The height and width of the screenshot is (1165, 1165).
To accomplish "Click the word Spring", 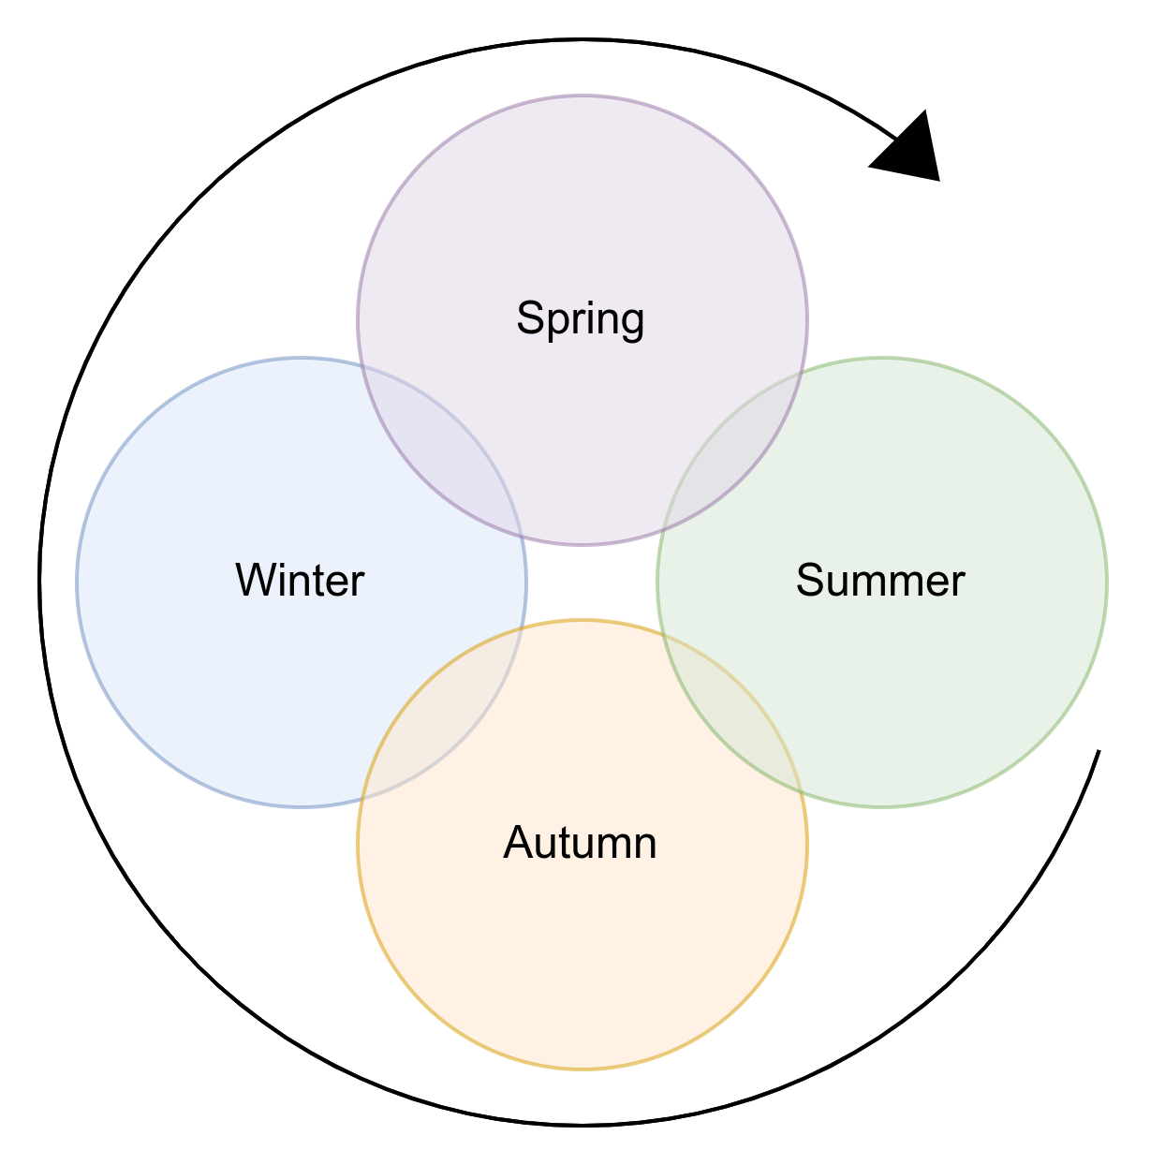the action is click(x=581, y=319).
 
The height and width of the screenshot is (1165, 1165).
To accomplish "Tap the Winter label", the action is click(x=300, y=581).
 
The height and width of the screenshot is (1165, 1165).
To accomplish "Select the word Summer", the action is click(x=880, y=581).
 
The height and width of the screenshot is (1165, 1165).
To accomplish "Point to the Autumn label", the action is click(x=581, y=844).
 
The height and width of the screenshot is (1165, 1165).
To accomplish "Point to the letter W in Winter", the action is click(x=255, y=581).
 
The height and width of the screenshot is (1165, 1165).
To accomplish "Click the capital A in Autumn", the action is click(x=519, y=843).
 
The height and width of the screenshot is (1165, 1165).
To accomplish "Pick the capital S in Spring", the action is click(x=530, y=318).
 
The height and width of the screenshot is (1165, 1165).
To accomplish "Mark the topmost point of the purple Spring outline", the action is click(x=582, y=96).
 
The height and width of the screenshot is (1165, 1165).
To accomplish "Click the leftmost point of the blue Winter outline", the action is click(x=77, y=582).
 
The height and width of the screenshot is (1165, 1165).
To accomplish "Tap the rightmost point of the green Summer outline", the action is click(x=1107, y=582).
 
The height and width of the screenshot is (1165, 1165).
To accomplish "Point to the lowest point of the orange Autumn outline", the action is click(x=582, y=1068).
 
